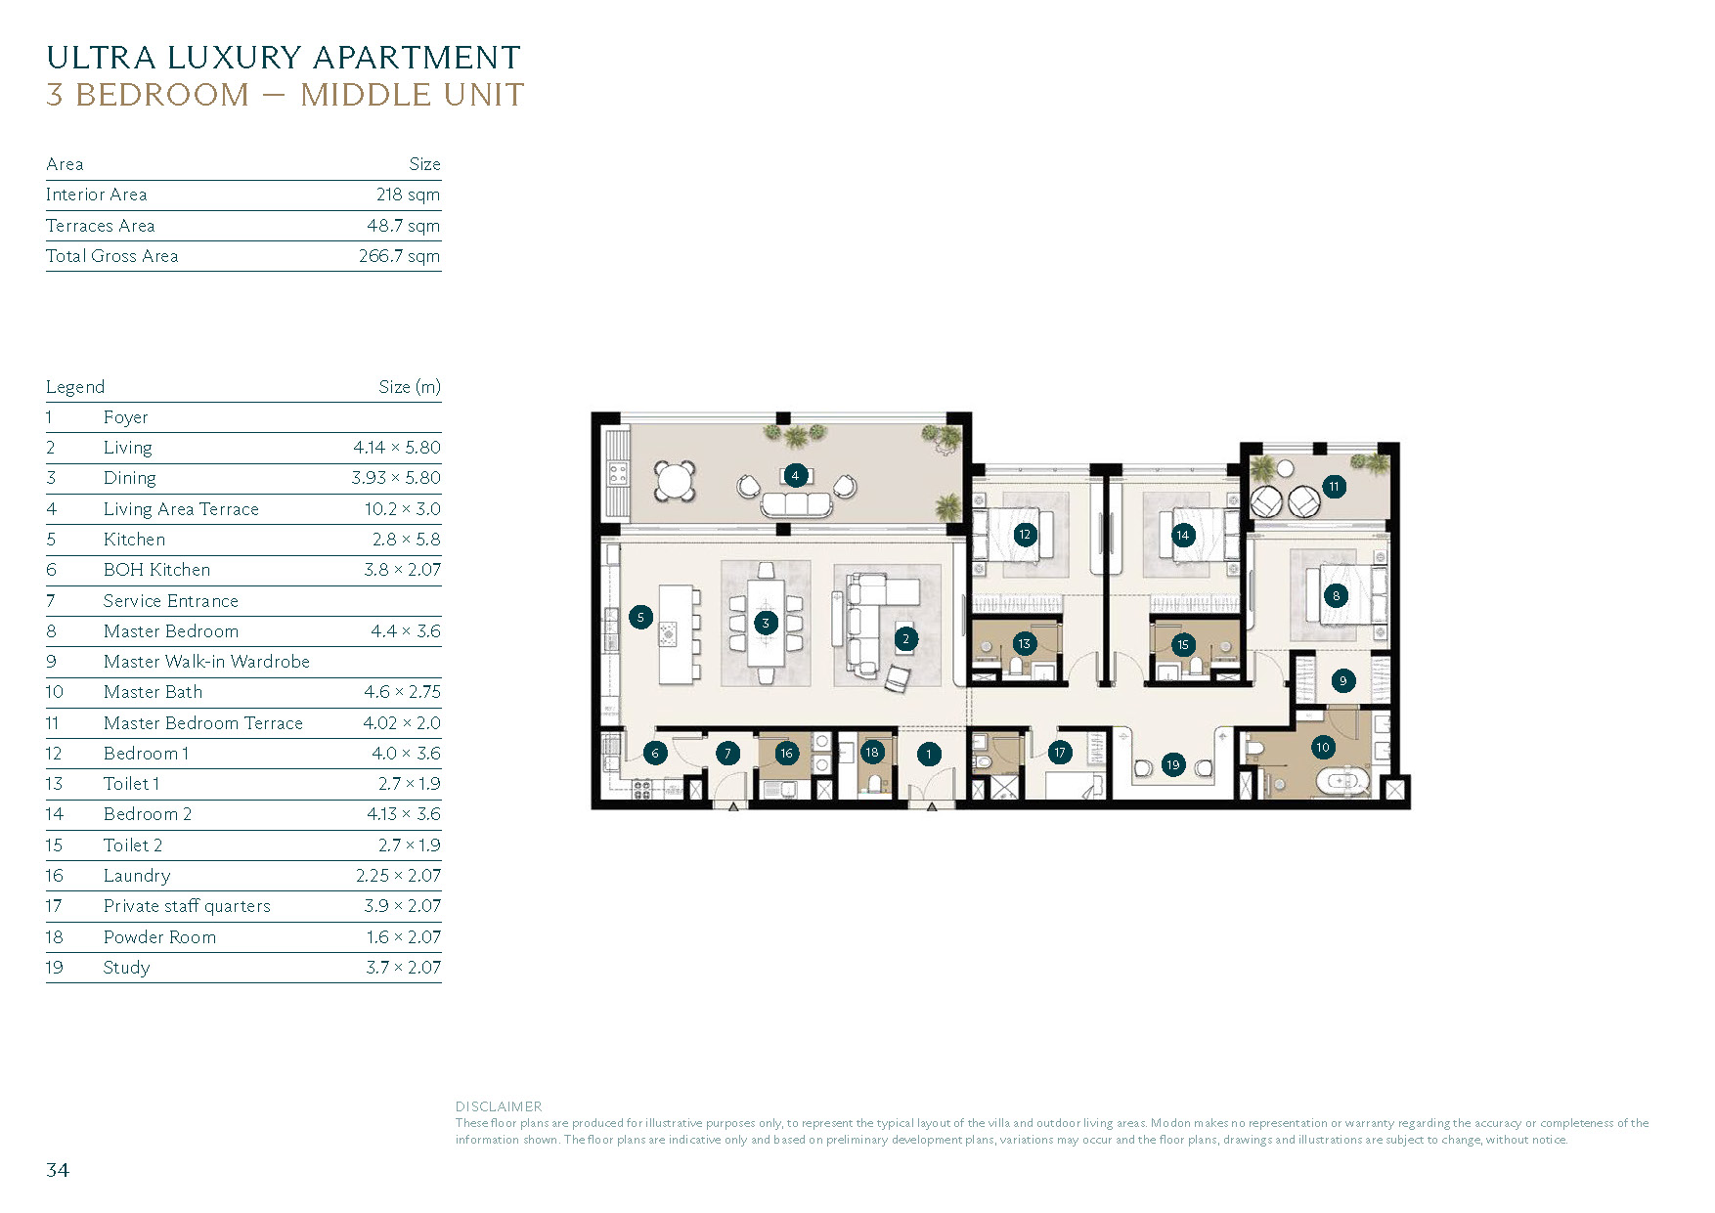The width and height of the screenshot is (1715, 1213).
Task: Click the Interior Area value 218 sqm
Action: pyautogui.click(x=408, y=195)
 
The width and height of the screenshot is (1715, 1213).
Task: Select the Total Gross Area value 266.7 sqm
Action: pyautogui.click(x=399, y=256)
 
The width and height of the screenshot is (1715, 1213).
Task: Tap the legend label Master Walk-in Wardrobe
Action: pyautogui.click(x=206, y=662)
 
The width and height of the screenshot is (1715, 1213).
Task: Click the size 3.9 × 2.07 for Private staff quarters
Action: pyautogui.click(x=402, y=906)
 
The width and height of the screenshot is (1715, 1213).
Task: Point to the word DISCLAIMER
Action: pyautogui.click(x=498, y=1106)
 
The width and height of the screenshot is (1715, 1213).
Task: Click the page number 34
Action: pyautogui.click(x=58, y=1170)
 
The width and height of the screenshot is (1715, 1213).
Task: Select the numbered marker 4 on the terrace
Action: pyautogui.click(x=795, y=476)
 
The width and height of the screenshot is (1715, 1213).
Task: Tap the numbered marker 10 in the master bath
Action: pyautogui.click(x=1322, y=748)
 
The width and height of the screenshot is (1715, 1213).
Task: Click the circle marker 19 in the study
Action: pyautogui.click(x=1173, y=764)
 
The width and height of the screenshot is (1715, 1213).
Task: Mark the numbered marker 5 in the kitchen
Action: pyautogui.click(x=640, y=617)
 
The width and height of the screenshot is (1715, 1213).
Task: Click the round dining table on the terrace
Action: pyautogui.click(x=675, y=480)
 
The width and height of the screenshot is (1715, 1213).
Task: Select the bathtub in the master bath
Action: pyautogui.click(x=1341, y=782)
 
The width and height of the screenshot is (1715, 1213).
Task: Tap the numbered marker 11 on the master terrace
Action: pyautogui.click(x=1334, y=486)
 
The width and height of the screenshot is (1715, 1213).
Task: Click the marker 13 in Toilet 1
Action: pyautogui.click(x=1024, y=643)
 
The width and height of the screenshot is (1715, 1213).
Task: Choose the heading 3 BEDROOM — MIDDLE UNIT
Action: pyautogui.click(x=285, y=95)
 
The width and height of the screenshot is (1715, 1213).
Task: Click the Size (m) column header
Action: pyautogui.click(x=409, y=387)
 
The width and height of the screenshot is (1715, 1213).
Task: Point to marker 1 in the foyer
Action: pyautogui.click(x=929, y=754)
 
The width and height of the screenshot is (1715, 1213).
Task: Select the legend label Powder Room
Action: pyautogui.click(x=159, y=937)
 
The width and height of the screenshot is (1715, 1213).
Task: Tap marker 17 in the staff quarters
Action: pyautogui.click(x=1059, y=753)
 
